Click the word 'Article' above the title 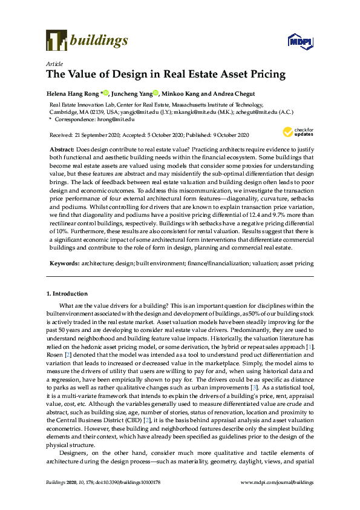[53, 63]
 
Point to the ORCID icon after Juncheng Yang [155, 93]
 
